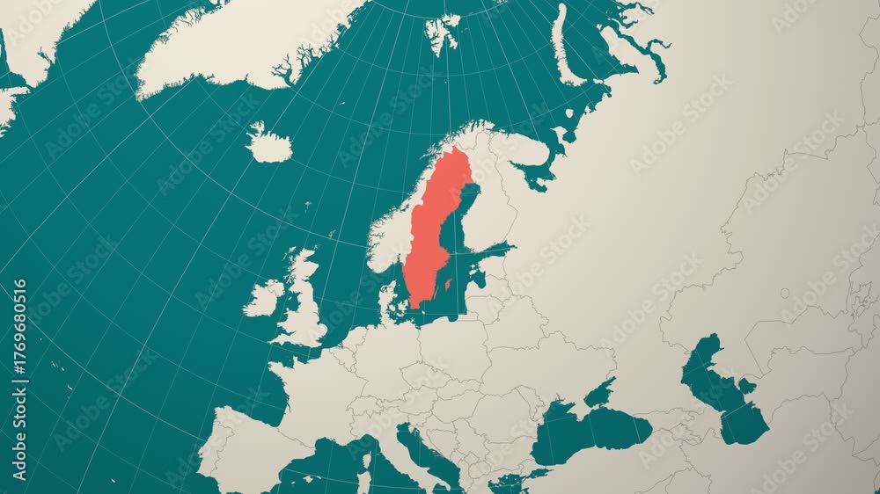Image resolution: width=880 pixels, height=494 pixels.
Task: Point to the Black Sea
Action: click(x=590, y=431)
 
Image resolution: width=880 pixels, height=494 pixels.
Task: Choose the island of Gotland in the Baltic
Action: click(x=448, y=284)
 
